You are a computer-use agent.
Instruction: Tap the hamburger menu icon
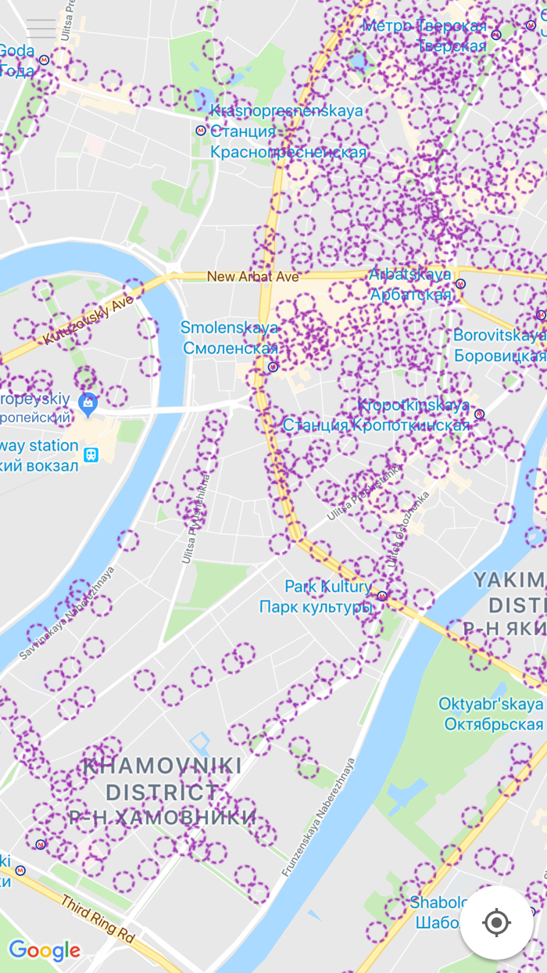tap(41, 29)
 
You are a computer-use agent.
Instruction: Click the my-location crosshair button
tap(496, 922)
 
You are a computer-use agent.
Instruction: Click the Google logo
tap(45, 950)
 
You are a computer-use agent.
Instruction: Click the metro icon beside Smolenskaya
tap(273, 366)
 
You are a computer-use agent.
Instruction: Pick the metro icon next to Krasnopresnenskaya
tap(201, 131)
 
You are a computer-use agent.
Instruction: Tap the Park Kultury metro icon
tap(382, 595)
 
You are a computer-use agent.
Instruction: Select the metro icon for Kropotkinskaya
tap(479, 414)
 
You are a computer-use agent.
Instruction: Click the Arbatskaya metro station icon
tap(461, 284)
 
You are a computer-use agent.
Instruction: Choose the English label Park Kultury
tap(327, 587)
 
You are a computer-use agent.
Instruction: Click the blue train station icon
tap(91, 454)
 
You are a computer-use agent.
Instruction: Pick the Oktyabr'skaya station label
tap(490, 704)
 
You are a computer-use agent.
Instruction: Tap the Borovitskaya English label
tap(499, 336)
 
